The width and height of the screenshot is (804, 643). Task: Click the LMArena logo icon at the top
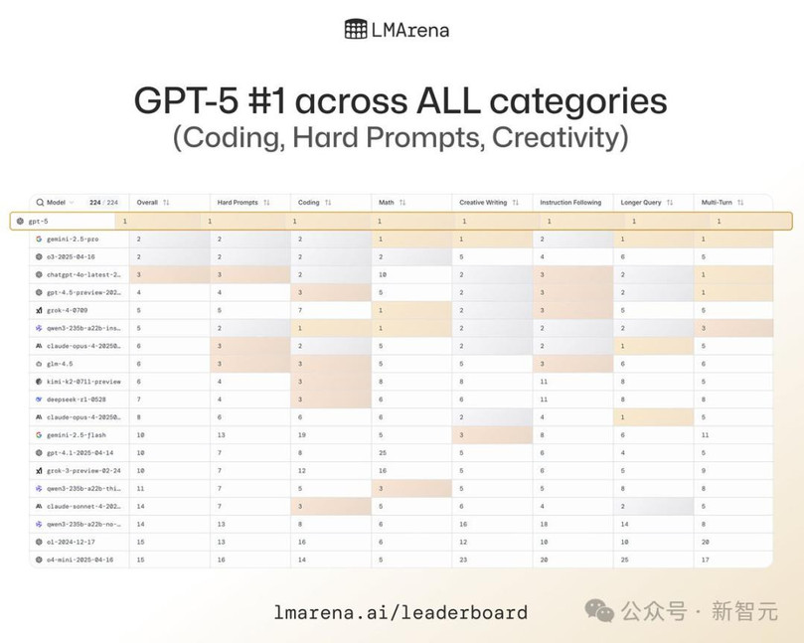pos(356,29)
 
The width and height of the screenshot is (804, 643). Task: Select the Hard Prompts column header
pos(238,203)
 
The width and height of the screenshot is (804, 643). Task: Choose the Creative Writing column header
pos(482,203)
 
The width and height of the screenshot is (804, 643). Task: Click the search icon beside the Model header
pos(40,203)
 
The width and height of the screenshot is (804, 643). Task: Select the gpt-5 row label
pos(38,221)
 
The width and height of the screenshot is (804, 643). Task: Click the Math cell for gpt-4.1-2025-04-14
pos(382,452)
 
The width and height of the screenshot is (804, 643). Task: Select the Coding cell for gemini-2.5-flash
pos(302,434)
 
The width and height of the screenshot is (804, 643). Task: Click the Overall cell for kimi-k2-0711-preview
pos(138,381)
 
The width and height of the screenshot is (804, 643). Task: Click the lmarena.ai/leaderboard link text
pos(401,612)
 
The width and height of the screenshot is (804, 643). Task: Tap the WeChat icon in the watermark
pos(599,610)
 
